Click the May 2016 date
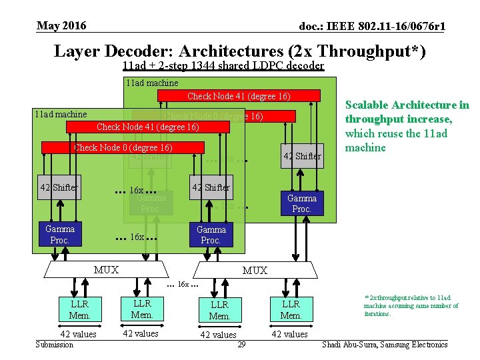(x=61, y=26)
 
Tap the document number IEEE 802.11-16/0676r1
(x=372, y=27)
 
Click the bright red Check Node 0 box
(x=123, y=147)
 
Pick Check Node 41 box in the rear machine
(x=239, y=96)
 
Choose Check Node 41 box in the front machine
(x=148, y=127)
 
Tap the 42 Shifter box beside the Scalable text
(x=302, y=156)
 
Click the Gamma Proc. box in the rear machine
(x=301, y=203)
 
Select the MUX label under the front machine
(x=106, y=269)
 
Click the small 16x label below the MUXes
(x=183, y=285)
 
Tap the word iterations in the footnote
(x=377, y=313)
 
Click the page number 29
(x=241, y=344)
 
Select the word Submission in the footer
(x=55, y=344)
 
